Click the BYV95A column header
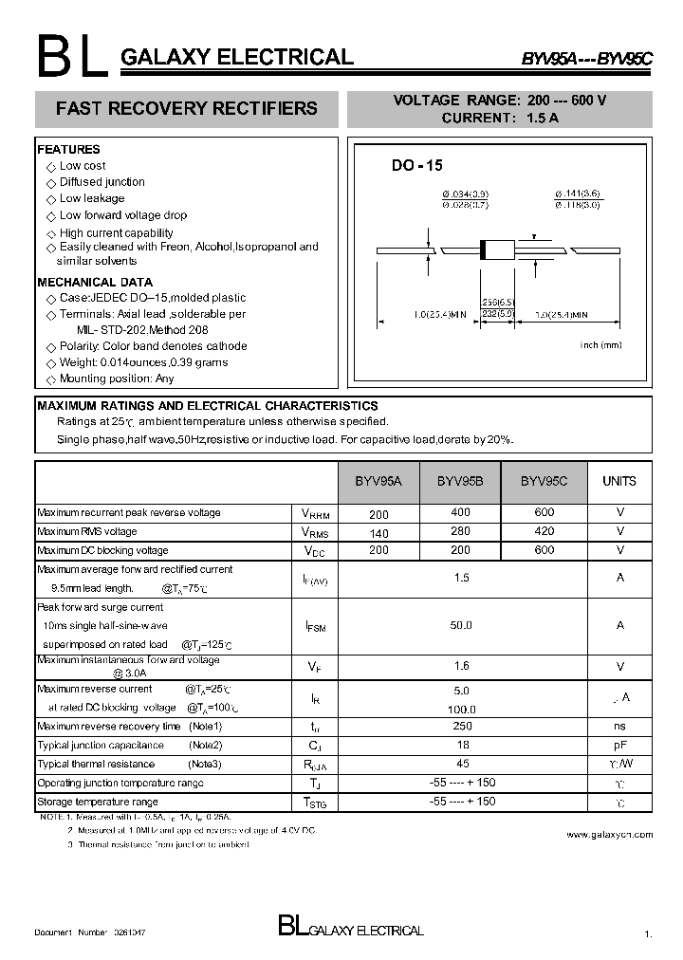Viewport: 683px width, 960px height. (x=378, y=481)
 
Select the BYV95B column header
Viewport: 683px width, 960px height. (x=460, y=481)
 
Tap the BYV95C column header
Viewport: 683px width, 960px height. (x=544, y=481)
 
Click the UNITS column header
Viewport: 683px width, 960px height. (x=619, y=481)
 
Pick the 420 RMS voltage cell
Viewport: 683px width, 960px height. (x=544, y=532)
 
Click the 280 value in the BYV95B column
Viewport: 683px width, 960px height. (x=460, y=532)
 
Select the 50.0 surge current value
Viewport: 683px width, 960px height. (x=462, y=625)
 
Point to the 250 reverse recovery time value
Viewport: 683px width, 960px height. (x=462, y=726)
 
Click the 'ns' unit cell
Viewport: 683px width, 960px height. (x=619, y=726)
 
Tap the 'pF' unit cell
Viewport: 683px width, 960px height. (x=619, y=745)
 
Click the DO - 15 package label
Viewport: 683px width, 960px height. (x=417, y=165)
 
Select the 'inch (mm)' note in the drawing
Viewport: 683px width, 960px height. (x=600, y=345)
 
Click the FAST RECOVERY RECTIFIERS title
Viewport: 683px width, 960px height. (x=187, y=109)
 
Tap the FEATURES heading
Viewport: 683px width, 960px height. (x=68, y=149)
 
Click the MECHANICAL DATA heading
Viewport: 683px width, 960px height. (x=95, y=282)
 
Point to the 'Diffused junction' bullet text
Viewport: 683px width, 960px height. (x=102, y=182)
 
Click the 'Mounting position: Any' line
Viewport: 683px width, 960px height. (x=117, y=378)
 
